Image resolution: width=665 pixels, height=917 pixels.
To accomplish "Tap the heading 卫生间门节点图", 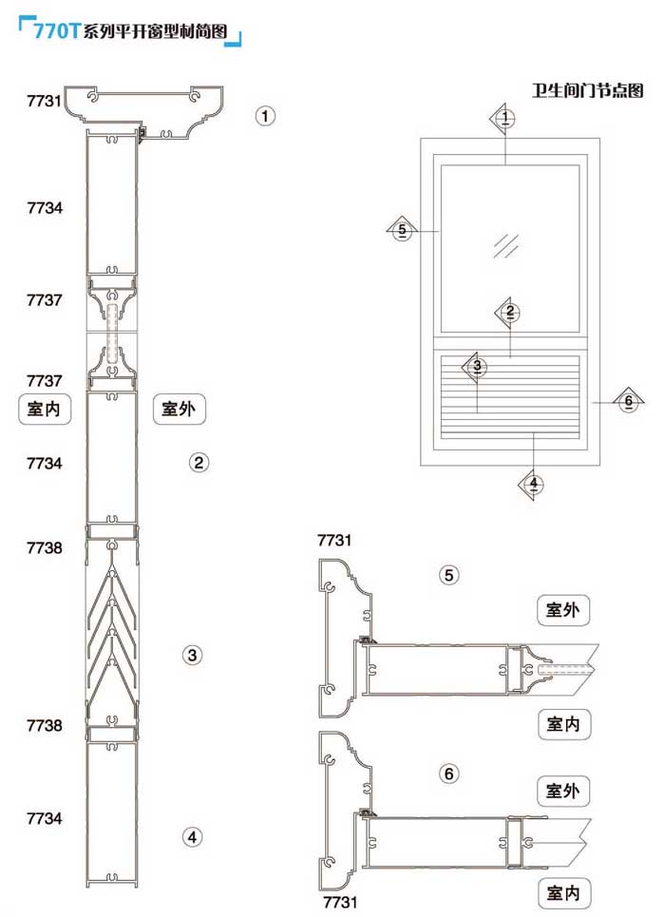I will coord(588,91).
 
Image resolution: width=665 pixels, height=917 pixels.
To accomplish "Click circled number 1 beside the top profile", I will coord(266,116).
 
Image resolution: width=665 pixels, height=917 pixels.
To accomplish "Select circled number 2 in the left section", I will coord(199,463).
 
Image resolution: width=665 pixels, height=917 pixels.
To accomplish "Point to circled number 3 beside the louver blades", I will coord(193,655).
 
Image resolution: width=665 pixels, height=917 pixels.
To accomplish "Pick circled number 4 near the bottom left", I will coord(193,837).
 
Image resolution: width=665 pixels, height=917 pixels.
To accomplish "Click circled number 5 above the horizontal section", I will coord(449,574).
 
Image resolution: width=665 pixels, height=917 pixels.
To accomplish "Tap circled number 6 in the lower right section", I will coord(449,774).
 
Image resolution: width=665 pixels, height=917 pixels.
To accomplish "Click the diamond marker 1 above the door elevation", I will coord(506,118).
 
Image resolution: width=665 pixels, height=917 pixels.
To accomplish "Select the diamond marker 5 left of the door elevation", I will coord(403,230).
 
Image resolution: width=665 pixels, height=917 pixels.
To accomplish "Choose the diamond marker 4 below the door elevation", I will coord(534,484).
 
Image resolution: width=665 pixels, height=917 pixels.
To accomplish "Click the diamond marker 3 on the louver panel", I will coord(478,365).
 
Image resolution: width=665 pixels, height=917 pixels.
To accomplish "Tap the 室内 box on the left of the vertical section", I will coord(46,409).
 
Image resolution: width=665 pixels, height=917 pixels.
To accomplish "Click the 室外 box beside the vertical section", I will coord(180,409).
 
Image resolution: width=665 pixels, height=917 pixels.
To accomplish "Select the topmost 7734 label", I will coord(45,208).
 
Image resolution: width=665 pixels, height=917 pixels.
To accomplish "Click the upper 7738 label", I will coord(45,548).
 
